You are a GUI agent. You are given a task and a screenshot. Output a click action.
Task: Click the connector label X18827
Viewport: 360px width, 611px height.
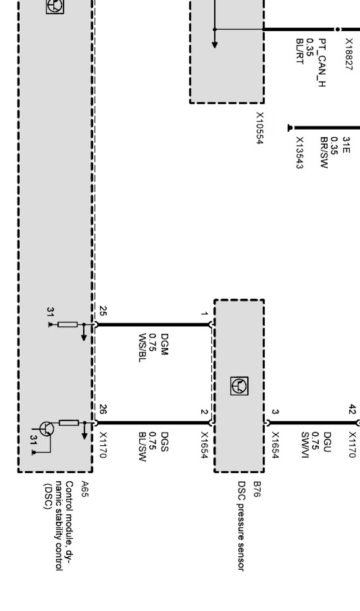click(349, 54)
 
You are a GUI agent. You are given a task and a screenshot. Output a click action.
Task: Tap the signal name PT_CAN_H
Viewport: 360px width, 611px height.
click(322, 62)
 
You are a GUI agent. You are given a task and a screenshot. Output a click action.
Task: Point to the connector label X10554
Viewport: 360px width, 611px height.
click(260, 128)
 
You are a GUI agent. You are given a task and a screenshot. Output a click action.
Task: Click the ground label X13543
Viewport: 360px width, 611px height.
click(300, 153)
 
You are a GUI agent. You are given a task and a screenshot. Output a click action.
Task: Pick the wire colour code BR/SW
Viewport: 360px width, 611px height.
click(324, 153)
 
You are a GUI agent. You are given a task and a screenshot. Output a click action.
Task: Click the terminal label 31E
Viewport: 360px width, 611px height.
click(346, 145)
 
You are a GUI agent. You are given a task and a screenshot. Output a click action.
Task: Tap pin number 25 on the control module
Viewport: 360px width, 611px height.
click(103, 311)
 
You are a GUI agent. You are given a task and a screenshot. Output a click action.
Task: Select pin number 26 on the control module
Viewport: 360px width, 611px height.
click(103, 409)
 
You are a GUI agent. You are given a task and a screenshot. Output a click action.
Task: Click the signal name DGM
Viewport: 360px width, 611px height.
click(164, 345)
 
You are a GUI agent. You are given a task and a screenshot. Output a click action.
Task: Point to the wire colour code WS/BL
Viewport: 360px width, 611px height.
click(142, 348)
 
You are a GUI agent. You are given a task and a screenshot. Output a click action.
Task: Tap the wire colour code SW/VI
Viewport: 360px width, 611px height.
click(304, 445)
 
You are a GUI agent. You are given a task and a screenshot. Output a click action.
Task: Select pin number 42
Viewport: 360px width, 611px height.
click(352, 409)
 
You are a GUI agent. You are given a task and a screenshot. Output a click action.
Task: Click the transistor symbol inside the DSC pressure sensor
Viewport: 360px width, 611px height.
click(239, 386)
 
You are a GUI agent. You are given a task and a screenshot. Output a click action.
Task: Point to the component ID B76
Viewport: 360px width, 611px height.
click(257, 489)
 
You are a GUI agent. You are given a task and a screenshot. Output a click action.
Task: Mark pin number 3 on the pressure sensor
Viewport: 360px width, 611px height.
click(275, 412)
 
